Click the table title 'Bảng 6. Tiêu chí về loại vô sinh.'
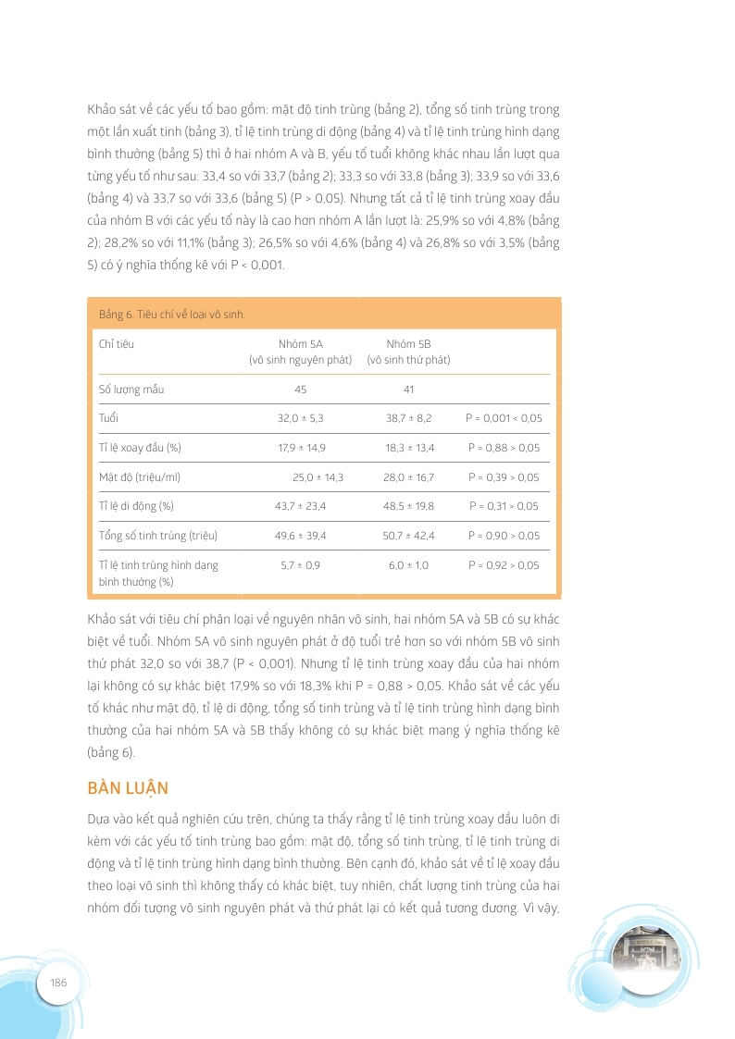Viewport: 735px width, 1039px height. [x=171, y=315]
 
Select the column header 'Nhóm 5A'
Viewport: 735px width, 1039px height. [x=300, y=344]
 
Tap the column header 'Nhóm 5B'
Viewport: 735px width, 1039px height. [x=408, y=344]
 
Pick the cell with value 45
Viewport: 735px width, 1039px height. [x=300, y=389]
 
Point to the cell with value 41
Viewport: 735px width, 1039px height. [x=408, y=389]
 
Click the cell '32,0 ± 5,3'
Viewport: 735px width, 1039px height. [x=301, y=418]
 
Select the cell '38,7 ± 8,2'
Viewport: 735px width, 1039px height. [x=409, y=418]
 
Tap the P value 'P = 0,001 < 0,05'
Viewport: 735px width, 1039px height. [x=504, y=418]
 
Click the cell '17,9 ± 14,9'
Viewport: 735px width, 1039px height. [x=301, y=448]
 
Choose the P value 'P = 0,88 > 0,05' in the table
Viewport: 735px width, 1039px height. [x=504, y=448]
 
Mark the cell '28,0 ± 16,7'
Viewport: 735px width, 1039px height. [x=409, y=477]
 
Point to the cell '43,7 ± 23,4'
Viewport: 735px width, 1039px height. [x=301, y=506]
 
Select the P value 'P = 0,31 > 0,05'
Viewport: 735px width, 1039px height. [x=504, y=506]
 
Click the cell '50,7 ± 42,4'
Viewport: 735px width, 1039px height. [x=409, y=536]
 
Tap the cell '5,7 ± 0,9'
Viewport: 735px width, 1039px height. [x=301, y=564]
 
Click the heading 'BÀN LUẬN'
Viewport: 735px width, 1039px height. [x=128, y=787]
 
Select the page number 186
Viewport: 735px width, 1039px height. [x=58, y=982]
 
